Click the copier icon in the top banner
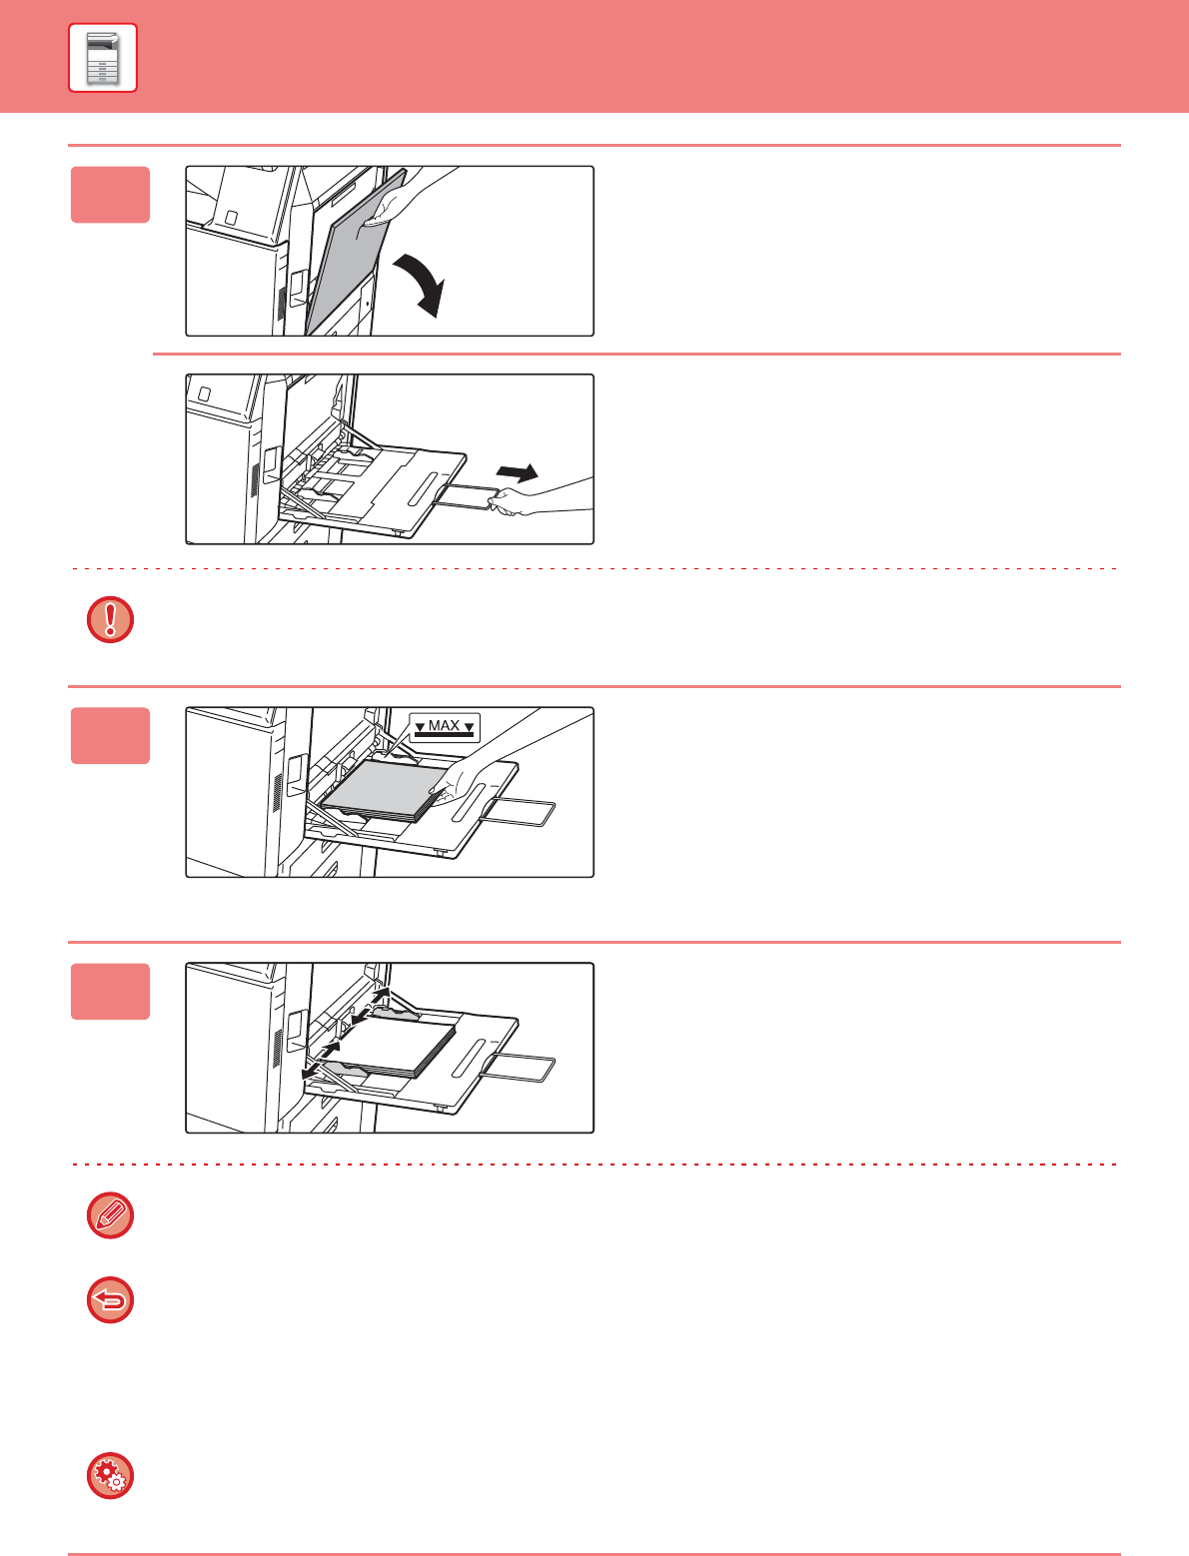(103, 58)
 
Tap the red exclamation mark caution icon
(110, 619)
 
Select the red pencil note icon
(110, 1215)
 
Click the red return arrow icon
(110, 1300)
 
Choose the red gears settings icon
(110, 1476)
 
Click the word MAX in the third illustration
(444, 725)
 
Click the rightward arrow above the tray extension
(517, 472)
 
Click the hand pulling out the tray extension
(539, 496)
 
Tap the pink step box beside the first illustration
(110, 195)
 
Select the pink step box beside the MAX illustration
(110, 736)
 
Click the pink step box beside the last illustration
(110, 992)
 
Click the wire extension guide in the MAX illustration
(519, 811)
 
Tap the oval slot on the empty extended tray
(424, 489)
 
